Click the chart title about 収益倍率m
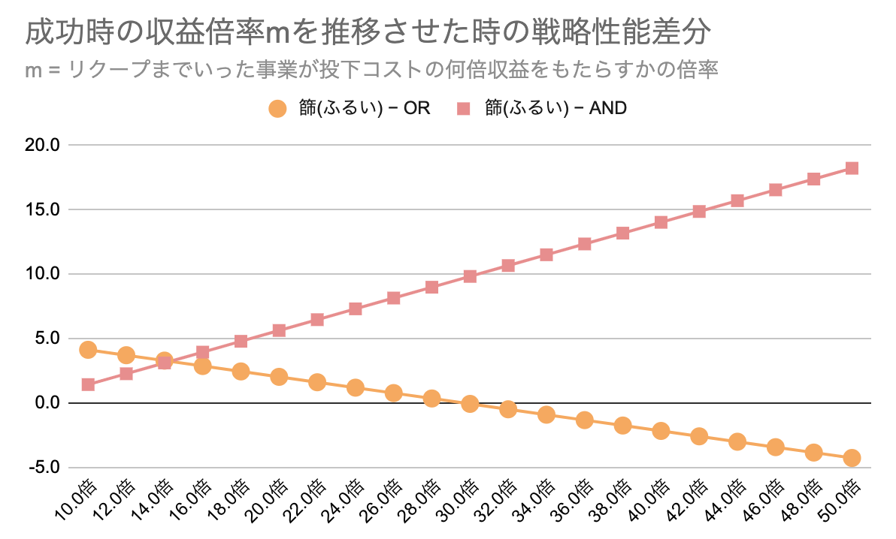[x=368, y=34]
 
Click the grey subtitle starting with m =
[x=372, y=70]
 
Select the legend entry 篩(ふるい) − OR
[x=350, y=108]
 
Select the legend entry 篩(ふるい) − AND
[x=541, y=108]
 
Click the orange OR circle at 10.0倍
[x=88, y=349]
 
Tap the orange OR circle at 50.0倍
[x=852, y=458]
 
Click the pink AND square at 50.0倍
[x=852, y=168]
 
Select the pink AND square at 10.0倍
[x=88, y=385]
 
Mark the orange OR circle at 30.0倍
[x=470, y=404]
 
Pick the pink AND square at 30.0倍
[x=470, y=276]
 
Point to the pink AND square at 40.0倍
[x=661, y=222]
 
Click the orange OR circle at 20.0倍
[x=279, y=377]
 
